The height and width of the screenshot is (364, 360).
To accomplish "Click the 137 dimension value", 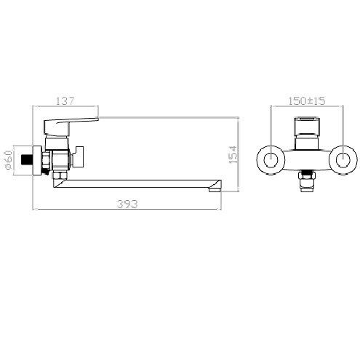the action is coord(65,100).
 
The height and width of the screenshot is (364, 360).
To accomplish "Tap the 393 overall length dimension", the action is coord(127,204).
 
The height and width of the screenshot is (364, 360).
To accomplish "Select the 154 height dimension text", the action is coord(233,154).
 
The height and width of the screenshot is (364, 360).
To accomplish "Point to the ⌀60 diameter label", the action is coord(8,159).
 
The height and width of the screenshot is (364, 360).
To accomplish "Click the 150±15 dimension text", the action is coord(307,101).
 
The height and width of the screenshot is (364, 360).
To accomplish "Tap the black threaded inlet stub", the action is coord(26,160).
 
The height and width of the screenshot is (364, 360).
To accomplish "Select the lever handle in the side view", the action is coord(71,126).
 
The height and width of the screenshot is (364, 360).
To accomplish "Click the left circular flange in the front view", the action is coord(271,160).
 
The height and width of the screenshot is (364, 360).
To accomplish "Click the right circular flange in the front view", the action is coord(343,160).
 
